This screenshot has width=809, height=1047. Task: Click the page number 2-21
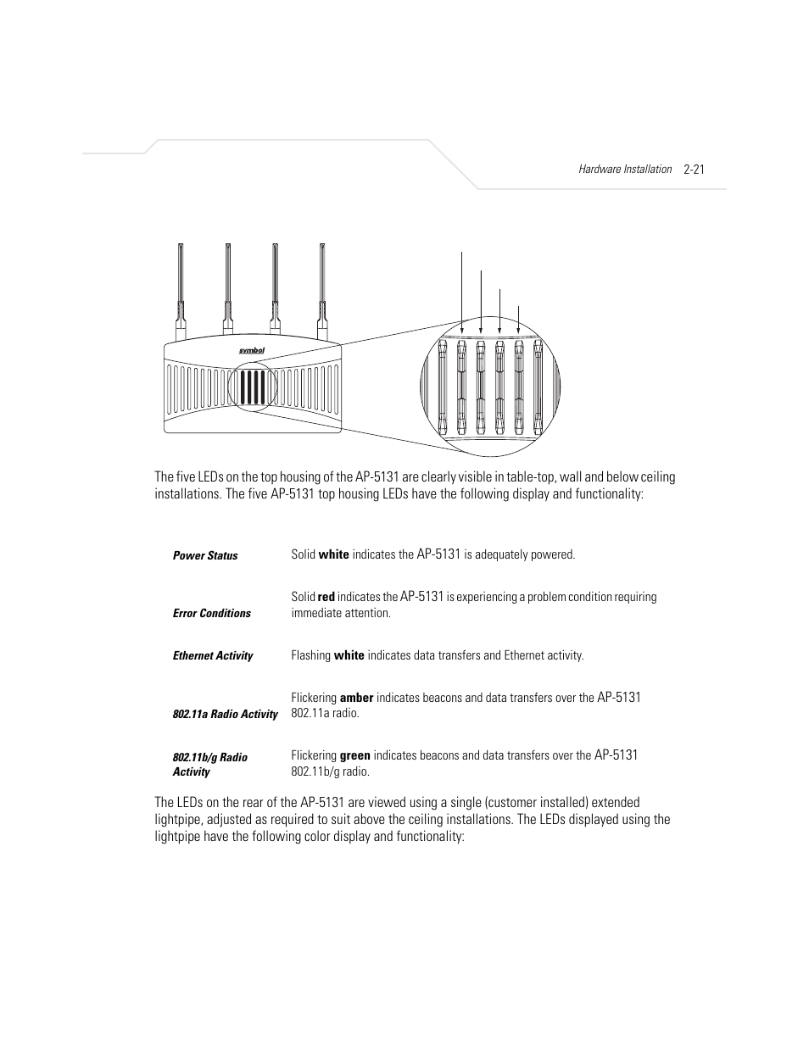(694, 169)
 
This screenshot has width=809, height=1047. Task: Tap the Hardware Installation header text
(625, 169)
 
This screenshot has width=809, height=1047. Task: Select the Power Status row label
(205, 555)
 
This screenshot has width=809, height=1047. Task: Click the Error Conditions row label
(212, 613)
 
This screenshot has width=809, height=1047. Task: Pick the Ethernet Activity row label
(213, 655)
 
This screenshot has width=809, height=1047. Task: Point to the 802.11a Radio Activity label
(225, 714)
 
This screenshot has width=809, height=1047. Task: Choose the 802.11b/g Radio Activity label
(209, 764)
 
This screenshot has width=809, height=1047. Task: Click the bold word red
(326, 597)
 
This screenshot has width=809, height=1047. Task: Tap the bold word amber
(357, 698)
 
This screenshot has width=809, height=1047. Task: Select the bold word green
(355, 755)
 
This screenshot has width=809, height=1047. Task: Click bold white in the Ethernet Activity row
(349, 655)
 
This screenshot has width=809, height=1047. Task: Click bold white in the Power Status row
(333, 554)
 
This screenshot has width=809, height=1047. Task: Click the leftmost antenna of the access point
(181, 288)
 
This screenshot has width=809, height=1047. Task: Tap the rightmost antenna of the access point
(322, 288)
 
